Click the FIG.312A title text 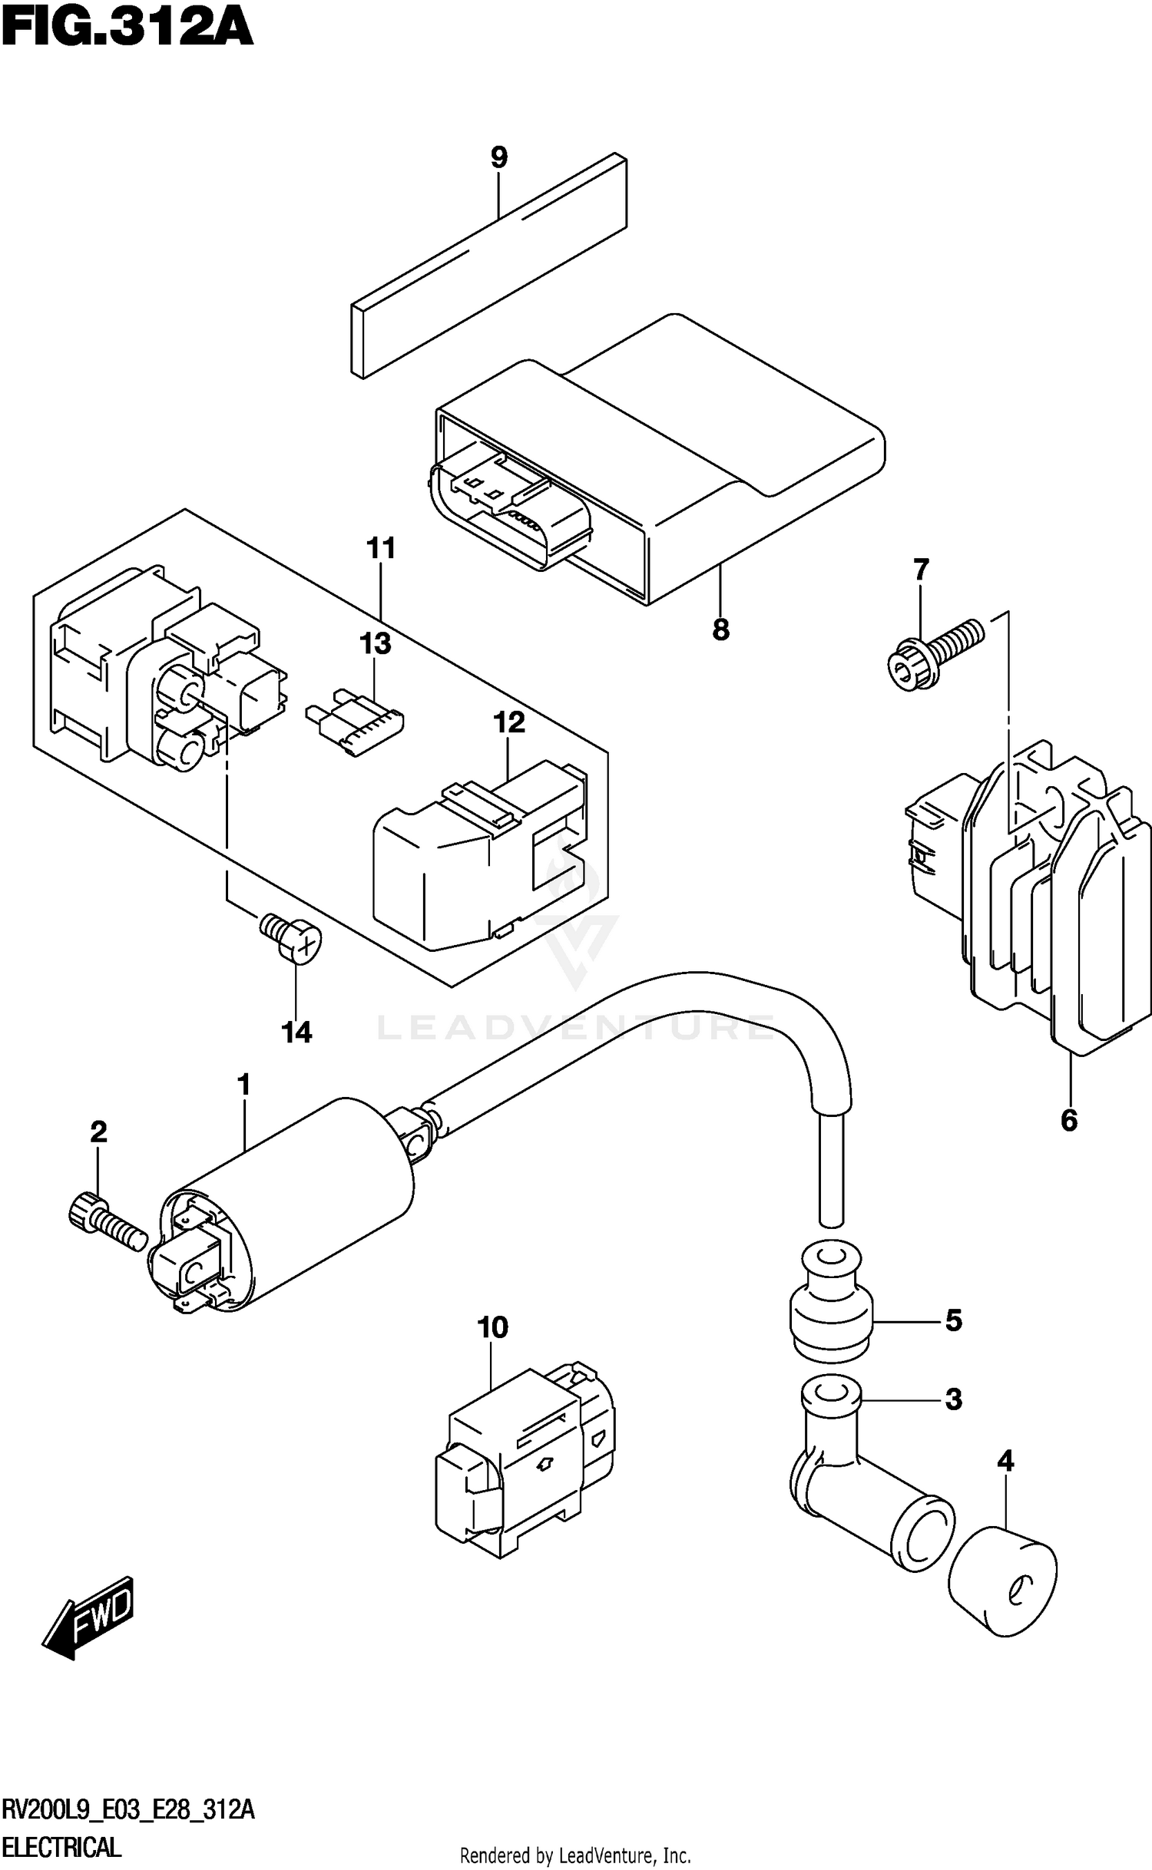click(x=127, y=31)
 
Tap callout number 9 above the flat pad click(x=499, y=158)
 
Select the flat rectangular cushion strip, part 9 click(x=488, y=267)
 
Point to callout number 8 click(x=720, y=631)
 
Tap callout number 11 click(x=381, y=550)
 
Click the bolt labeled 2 click(x=104, y=1221)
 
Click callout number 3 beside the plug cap click(x=953, y=1399)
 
